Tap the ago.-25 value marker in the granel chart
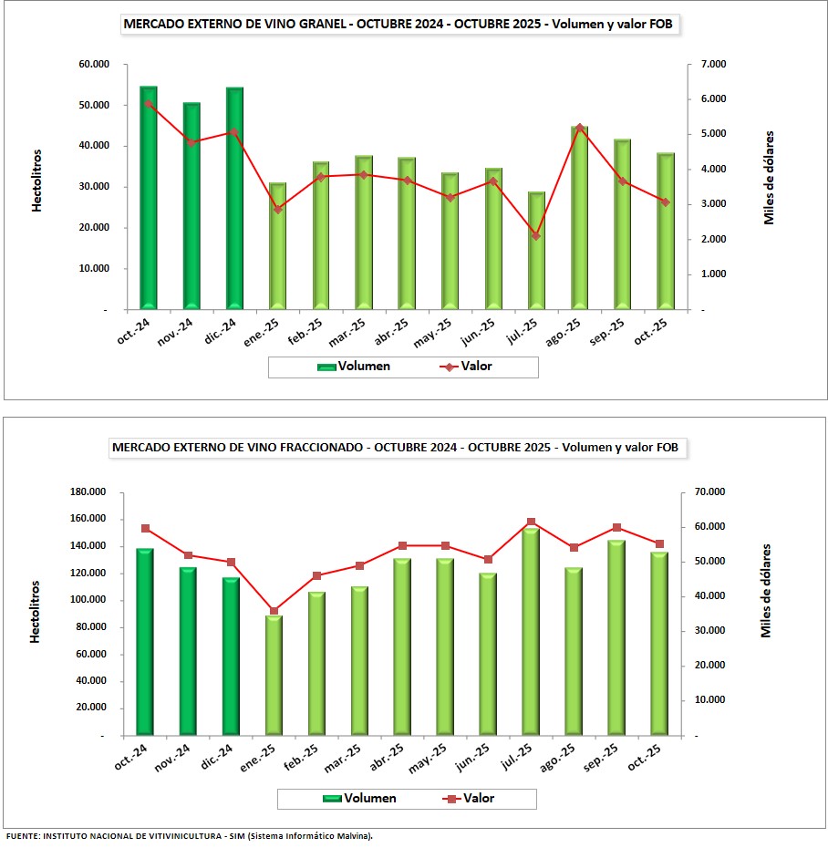579,128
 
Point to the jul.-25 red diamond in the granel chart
536,236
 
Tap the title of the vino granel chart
399,25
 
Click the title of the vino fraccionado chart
395,448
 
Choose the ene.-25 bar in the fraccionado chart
274,675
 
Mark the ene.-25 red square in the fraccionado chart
274,612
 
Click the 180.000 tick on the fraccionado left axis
87,492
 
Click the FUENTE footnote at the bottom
189,836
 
